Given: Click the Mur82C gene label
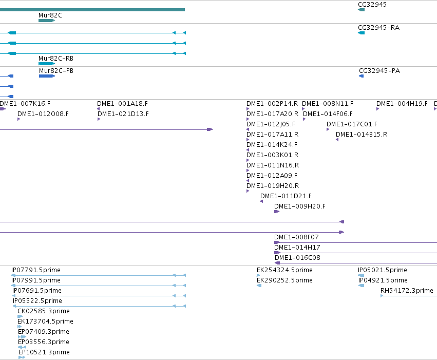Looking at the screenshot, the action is click(x=50, y=15).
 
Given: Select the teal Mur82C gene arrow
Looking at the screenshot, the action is click(x=47, y=21).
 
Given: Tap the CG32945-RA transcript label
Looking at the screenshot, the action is click(x=378, y=28).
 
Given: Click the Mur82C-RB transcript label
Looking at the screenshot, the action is click(x=56, y=59).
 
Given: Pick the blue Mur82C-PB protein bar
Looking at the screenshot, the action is click(x=47, y=76).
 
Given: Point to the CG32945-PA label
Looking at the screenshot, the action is click(x=379, y=71).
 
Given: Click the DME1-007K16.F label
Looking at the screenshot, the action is click(x=25, y=104).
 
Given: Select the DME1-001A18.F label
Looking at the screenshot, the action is click(x=122, y=104).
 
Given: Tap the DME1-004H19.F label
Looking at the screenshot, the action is click(x=402, y=104).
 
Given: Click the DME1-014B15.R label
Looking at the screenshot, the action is click(x=362, y=135).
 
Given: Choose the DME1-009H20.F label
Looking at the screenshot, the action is click(x=299, y=206).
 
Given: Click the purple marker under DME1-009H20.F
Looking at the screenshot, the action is click(x=277, y=212).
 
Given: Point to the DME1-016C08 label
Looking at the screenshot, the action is click(x=297, y=258).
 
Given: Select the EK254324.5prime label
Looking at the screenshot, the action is click(x=284, y=270).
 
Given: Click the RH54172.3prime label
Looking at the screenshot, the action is click(x=407, y=291).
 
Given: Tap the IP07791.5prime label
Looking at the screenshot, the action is click(x=35, y=270).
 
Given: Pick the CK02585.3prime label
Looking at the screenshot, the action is click(x=44, y=311).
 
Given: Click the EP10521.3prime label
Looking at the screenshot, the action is click(x=44, y=352).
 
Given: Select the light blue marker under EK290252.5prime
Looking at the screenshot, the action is click(x=259, y=286).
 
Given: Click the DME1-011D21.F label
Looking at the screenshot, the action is click(x=286, y=196).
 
